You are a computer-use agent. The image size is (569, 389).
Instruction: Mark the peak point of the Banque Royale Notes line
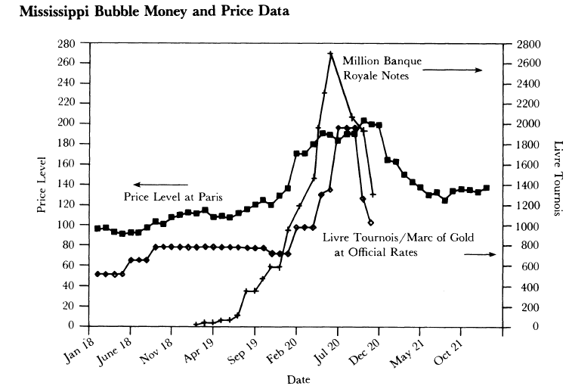[x=330, y=53]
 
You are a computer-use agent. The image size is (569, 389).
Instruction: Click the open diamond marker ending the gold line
[x=370, y=223]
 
